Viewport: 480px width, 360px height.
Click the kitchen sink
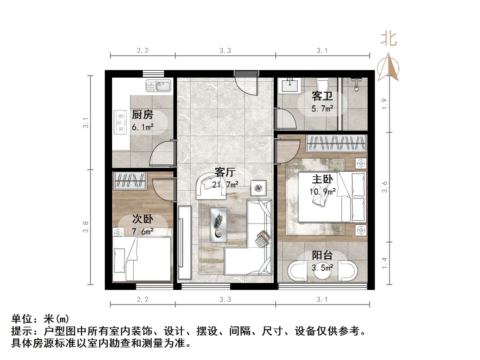click(x=158, y=85)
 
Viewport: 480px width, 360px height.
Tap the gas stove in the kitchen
click(x=120, y=122)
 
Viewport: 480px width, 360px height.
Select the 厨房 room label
click(x=142, y=115)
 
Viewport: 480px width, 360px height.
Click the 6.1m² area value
click(x=142, y=127)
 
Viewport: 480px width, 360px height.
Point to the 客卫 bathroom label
click(x=322, y=96)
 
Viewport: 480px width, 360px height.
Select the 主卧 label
click(x=322, y=179)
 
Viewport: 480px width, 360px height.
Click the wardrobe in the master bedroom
click(x=337, y=143)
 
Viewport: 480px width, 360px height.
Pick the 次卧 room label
click(x=142, y=219)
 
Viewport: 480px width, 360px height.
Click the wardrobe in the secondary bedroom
click(x=130, y=181)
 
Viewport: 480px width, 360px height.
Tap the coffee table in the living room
click(x=218, y=225)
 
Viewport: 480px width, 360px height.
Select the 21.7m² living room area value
click(x=225, y=185)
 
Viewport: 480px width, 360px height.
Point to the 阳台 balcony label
click(x=322, y=256)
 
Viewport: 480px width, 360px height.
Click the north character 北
click(x=388, y=39)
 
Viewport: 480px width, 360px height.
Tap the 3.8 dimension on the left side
click(x=86, y=227)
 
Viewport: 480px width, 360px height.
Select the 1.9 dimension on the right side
click(x=384, y=104)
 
